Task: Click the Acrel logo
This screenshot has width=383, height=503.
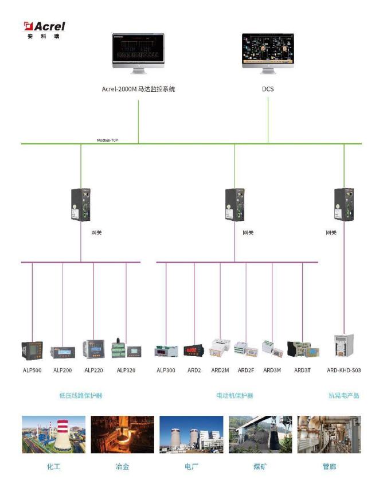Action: coord(44,29)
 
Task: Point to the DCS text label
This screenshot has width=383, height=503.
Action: coord(268,89)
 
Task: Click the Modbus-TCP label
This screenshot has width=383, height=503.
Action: coord(108,140)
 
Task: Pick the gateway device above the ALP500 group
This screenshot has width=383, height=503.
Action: coord(81,204)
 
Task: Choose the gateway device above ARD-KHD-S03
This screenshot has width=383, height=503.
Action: coord(343,204)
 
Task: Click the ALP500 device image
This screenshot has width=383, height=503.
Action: coord(32,350)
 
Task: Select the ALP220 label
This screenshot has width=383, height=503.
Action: coord(93,371)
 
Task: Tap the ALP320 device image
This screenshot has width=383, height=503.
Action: coord(126,349)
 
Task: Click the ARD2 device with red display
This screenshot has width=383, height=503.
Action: coord(194,350)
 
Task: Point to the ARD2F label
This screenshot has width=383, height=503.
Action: coord(246,371)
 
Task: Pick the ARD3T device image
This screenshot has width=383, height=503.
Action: coord(302,349)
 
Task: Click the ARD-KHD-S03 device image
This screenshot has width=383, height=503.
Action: coord(344,346)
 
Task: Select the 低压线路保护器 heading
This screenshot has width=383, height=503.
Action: coord(81,396)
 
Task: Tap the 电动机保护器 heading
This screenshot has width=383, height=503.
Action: coord(235,396)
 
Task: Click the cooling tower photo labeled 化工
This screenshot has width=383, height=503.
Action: coord(53,435)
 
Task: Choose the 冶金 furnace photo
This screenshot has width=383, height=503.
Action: coord(122,435)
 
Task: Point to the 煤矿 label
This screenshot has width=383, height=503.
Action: coord(260,467)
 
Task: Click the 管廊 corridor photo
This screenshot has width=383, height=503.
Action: coord(329,435)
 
